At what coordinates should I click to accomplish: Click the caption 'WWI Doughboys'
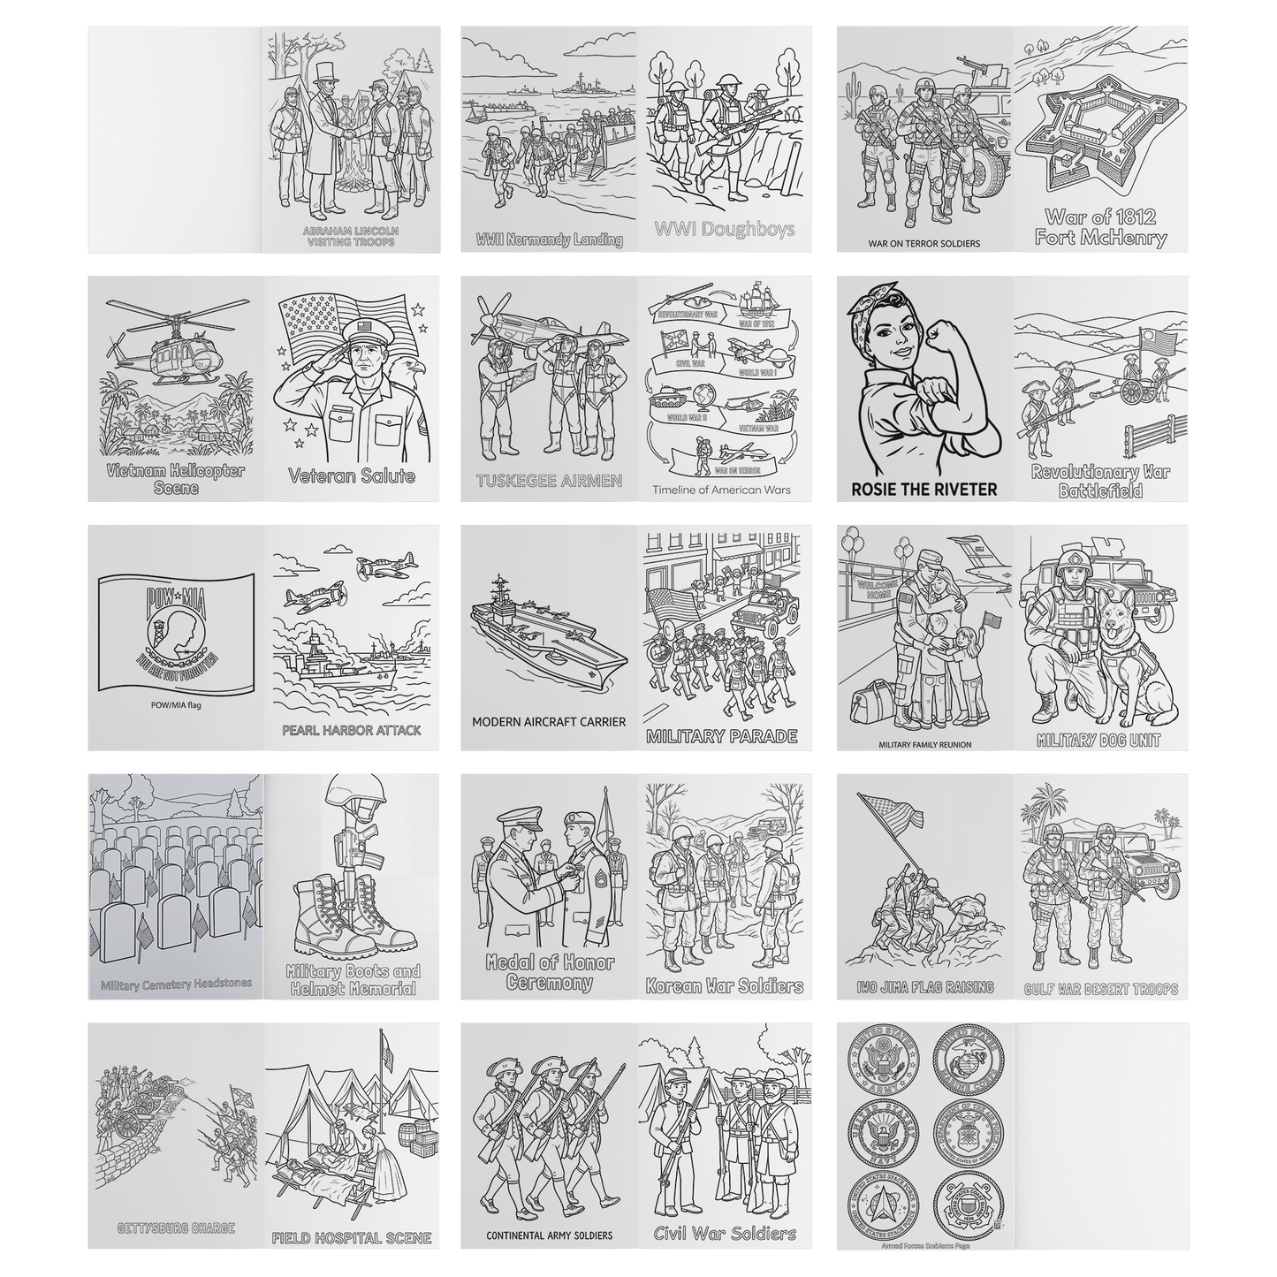pyautogui.click(x=725, y=230)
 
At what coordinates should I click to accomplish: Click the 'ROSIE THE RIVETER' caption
pyautogui.click(x=924, y=489)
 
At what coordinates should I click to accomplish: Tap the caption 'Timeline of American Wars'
pyautogui.click(x=722, y=490)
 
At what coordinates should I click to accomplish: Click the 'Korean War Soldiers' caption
pyautogui.click(x=724, y=986)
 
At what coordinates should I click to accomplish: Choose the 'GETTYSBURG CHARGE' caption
pyautogui.click(x=177, y=1228)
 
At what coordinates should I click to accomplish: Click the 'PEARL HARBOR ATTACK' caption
pyautogui.click(x=351, y=731)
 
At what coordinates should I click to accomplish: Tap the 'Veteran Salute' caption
pyautogui.click(x=351, y=476)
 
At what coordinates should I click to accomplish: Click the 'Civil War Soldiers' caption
pyautogui.click(x=724, y=1234)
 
